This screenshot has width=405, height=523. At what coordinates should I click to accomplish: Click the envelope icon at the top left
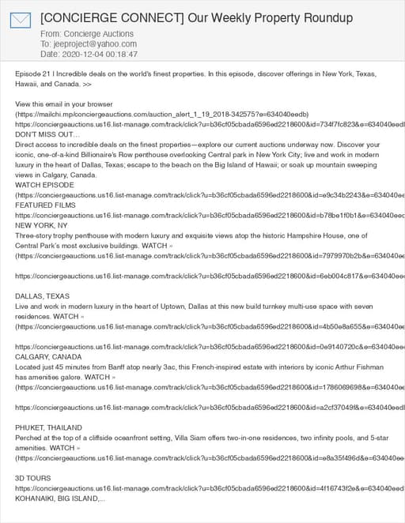tap(21, 21)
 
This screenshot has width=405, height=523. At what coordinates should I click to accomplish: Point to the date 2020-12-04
tap(82, 55)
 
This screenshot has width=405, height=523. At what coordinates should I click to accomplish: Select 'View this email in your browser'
tap(64, 104)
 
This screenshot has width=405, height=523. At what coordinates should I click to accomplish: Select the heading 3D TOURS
tap(33, 478)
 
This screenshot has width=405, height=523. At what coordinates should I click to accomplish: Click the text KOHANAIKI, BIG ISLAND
tap(59, 499)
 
